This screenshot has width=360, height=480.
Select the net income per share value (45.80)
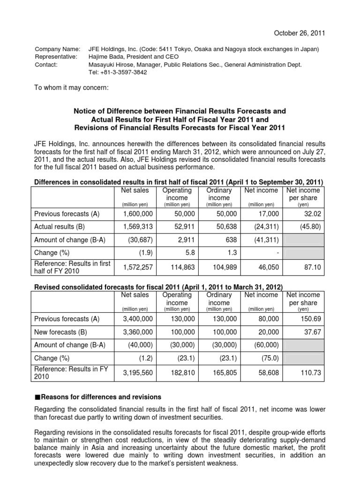coord(310,226)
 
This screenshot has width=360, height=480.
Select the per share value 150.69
coord(310,319)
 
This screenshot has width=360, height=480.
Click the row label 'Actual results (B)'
coord(61,226)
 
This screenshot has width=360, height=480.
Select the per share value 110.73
coord(310,373)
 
